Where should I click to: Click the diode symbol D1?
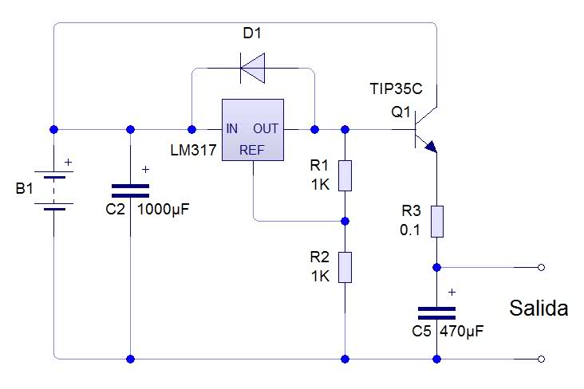[x=253, y=68]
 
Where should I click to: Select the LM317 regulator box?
[x=253, y=130]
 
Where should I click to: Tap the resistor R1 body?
[x=345, y=175]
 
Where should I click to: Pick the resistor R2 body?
[x=345, y=267]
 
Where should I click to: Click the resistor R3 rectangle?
[x=437, y=222]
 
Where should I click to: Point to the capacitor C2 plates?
[x=130, y=191]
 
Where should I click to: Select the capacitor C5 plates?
[x=437, y=313]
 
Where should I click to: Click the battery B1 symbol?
[x=54, y=191]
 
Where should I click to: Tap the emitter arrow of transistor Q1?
[x=431, y=147]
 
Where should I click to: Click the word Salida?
[x=539, y=308]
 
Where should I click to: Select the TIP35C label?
[x=396, y=89]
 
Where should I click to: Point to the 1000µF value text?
[x=163, y=210]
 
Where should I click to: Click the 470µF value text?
[x=461, y=331]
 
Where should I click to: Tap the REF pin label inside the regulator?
[x=252, y=150]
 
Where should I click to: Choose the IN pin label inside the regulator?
[x=231, y=129]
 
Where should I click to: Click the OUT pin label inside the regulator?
[x=266, y=129]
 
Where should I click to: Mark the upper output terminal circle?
[x=542, y=267]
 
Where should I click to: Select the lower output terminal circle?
[x=542, y=359]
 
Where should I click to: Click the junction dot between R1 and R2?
[x=345, y=221]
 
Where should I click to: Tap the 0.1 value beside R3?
[x=410, y=230]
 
